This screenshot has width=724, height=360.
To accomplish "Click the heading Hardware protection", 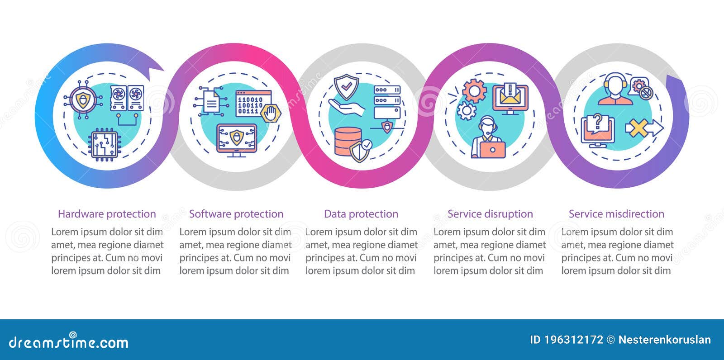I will pyautogui.click(x=107, y=214).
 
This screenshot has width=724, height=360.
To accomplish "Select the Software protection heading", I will pyautogui.click(x=236, y=214).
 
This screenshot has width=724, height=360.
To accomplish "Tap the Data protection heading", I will pyautogui.click(x=361, y=214).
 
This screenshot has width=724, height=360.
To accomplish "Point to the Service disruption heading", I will pyautogui.click(x=490, y=214).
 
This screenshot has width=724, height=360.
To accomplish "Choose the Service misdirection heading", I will pyautogui.click(x=616, y=214).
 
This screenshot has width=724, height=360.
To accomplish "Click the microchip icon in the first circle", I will pyautogui.click(x=104, y=144).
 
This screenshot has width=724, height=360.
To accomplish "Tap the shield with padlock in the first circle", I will pyautogui.click(x=83, y=100).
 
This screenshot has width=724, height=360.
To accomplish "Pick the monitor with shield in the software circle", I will pyautogui.click(x=237, y=139).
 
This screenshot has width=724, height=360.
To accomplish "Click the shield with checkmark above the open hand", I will pyautogui.click(x=346, y=87).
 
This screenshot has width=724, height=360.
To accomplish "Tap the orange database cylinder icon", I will pyautogui.click(x=348, y=141).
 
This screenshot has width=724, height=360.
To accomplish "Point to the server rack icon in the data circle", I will pyautogui.click(x=387, y=102).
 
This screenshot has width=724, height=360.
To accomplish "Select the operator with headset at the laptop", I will pyautogui.click(x=488, y=137).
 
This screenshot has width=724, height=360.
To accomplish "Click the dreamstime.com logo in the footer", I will pyautogui.click(x=69, y=342).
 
